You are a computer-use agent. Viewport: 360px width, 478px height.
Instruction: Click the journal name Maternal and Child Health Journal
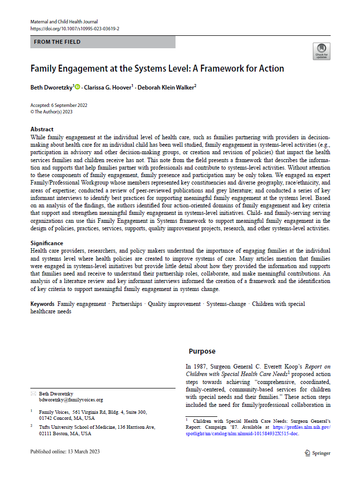tap(64, 22)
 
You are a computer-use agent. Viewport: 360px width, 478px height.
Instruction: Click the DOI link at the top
tap(75, 29)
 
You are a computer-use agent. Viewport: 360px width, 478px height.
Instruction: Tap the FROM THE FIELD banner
tap(102, 42)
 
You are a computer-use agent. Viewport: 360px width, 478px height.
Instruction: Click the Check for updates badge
tap(321, 51)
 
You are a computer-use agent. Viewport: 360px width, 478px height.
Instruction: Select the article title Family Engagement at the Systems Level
tap(157, 69)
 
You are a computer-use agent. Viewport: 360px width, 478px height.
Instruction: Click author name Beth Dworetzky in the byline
tap(52, 87)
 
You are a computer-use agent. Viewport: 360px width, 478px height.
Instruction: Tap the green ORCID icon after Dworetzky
tap(77, 87)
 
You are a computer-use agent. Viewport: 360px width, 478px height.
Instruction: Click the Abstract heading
tap(42, 129)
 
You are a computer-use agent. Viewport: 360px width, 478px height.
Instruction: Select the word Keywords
tap(43, 304)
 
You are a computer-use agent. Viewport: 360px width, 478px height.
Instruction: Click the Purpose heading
tap(202, 351)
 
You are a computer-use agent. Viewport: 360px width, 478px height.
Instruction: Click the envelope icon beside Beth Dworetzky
tap(33, 393)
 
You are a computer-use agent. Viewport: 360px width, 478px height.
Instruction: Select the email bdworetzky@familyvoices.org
tap(71, 400)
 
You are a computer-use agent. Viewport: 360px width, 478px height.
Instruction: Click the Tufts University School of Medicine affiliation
tap(97, 427)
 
